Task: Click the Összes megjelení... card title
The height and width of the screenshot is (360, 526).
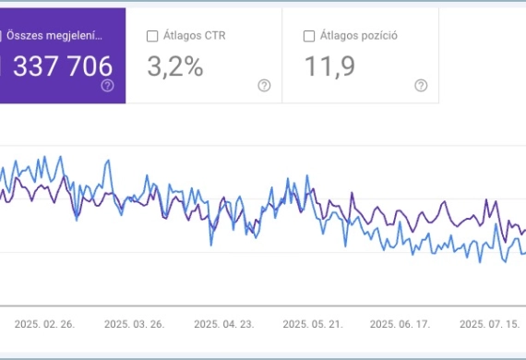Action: [x=54, y=36]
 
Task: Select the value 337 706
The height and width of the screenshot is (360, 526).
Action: [x=60, y=66]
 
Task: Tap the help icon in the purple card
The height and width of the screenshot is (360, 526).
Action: [x=107, y=85]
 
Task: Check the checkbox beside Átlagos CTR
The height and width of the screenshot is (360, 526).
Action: [x=152, y=36]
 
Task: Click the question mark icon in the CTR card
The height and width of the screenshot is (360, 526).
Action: [x=264, y=85]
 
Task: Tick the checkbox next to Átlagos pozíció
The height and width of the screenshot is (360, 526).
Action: [x=309, y=36]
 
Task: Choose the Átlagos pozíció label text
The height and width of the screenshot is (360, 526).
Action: [x=359, y=36]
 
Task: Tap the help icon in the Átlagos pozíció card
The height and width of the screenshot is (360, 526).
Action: [x=421, y=85]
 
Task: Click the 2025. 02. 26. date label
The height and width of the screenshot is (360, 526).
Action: [x=45, y=324]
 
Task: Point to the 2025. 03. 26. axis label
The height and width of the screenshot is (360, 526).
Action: [x=134, y=324]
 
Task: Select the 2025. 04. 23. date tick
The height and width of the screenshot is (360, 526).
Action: [x=223, y=324]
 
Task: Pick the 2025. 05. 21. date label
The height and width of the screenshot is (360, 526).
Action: [x=312, y=324]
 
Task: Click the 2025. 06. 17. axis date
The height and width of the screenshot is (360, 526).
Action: [x=400, y=324]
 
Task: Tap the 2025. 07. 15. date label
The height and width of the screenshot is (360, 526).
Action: [x=489, y=324]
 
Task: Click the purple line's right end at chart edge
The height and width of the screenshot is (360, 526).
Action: [x=523, y=231]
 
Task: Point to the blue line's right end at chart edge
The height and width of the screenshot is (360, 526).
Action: [x=523, y=251]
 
